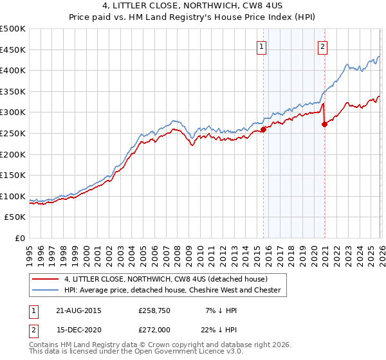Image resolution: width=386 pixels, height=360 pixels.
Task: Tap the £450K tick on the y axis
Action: click(13, 50)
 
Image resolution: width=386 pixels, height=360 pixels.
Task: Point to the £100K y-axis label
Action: click(13, 196)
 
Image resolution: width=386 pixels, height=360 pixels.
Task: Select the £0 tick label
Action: click(19, 238)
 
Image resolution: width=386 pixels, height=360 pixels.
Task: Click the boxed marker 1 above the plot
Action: click(262, 46)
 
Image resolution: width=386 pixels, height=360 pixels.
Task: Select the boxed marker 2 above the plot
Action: click(322, 46)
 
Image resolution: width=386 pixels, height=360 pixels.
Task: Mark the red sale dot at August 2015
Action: click(263, 129)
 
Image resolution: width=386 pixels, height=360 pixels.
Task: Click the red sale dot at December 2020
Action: click(324, 124)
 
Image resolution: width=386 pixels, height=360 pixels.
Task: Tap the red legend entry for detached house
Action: click(165, 279)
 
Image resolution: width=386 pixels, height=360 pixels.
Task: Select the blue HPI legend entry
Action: click(172, 291)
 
